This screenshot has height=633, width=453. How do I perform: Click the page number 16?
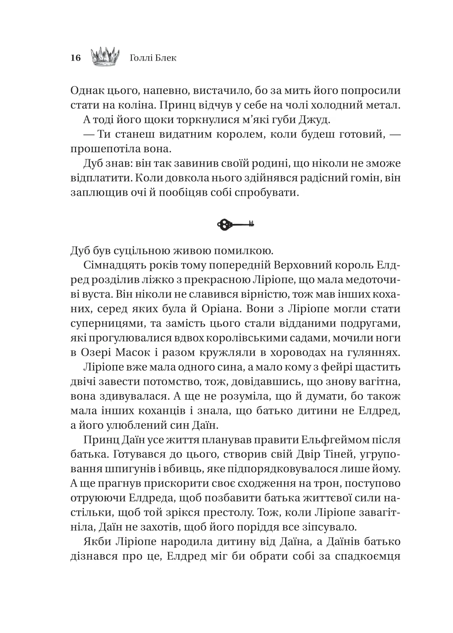[x=75, y=58]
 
